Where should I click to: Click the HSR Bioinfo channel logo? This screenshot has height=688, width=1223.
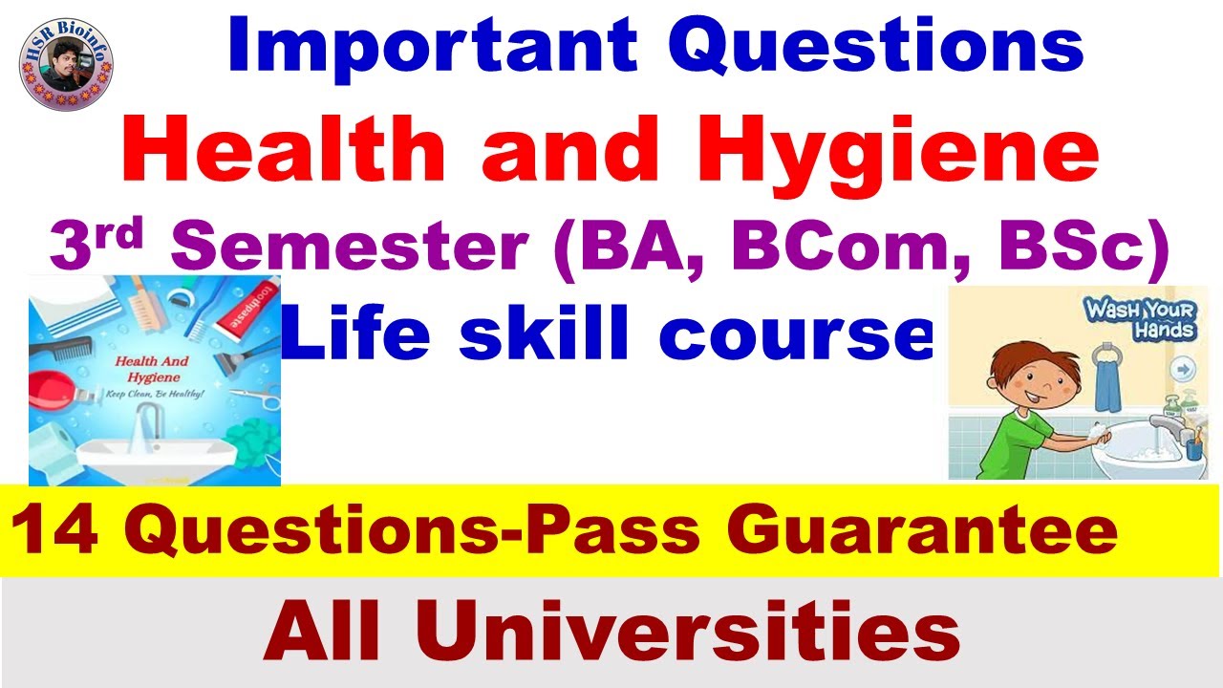pyautogui.click(x=66, y=64)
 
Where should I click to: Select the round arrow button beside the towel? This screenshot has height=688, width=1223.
pyautogui.click(x=1182, y=367)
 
